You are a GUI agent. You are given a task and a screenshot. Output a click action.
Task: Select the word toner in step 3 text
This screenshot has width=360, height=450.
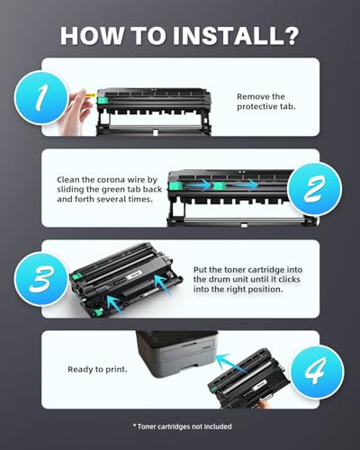[247, 267]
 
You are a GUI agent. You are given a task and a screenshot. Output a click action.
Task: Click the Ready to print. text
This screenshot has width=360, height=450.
[97, 369]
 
